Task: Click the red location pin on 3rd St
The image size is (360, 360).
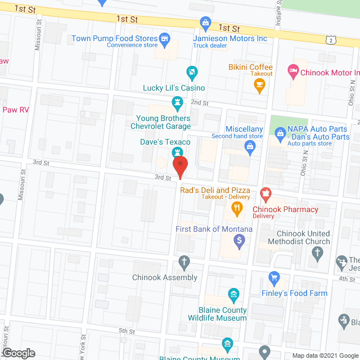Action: point(180,167)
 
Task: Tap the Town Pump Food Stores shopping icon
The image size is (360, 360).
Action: point(164,39)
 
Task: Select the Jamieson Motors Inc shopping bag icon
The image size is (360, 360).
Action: point(206,23)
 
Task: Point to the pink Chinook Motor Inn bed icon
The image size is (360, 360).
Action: point(292,71)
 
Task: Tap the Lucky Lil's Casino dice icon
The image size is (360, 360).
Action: point(192,72)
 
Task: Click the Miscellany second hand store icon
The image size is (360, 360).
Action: point(251,147)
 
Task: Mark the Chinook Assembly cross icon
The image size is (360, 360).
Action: point(183,262)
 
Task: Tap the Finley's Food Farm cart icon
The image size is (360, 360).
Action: point(274,277)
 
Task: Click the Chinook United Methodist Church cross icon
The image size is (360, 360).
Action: point(318,253)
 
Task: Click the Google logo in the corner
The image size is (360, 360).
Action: point(18,353)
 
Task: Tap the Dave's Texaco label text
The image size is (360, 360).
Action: point(165,142)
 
